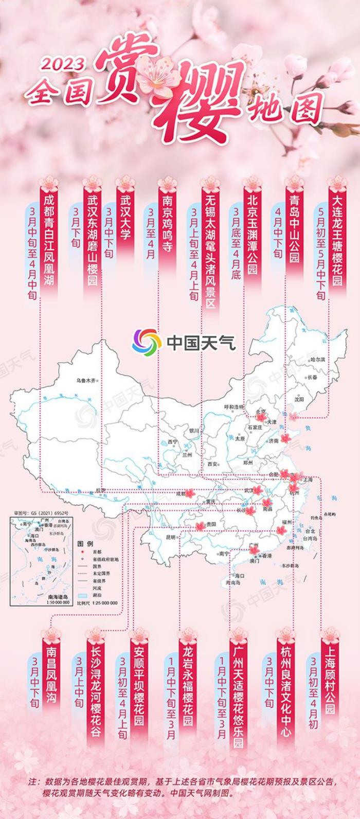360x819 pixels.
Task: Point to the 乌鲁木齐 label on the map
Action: click(86, 381)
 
